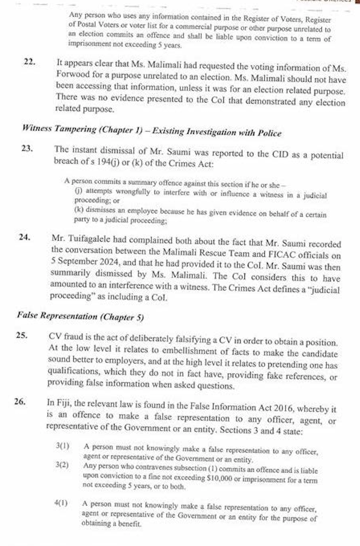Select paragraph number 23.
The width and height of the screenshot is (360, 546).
click(27, 148)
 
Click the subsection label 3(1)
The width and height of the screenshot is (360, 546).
click(62, 446)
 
